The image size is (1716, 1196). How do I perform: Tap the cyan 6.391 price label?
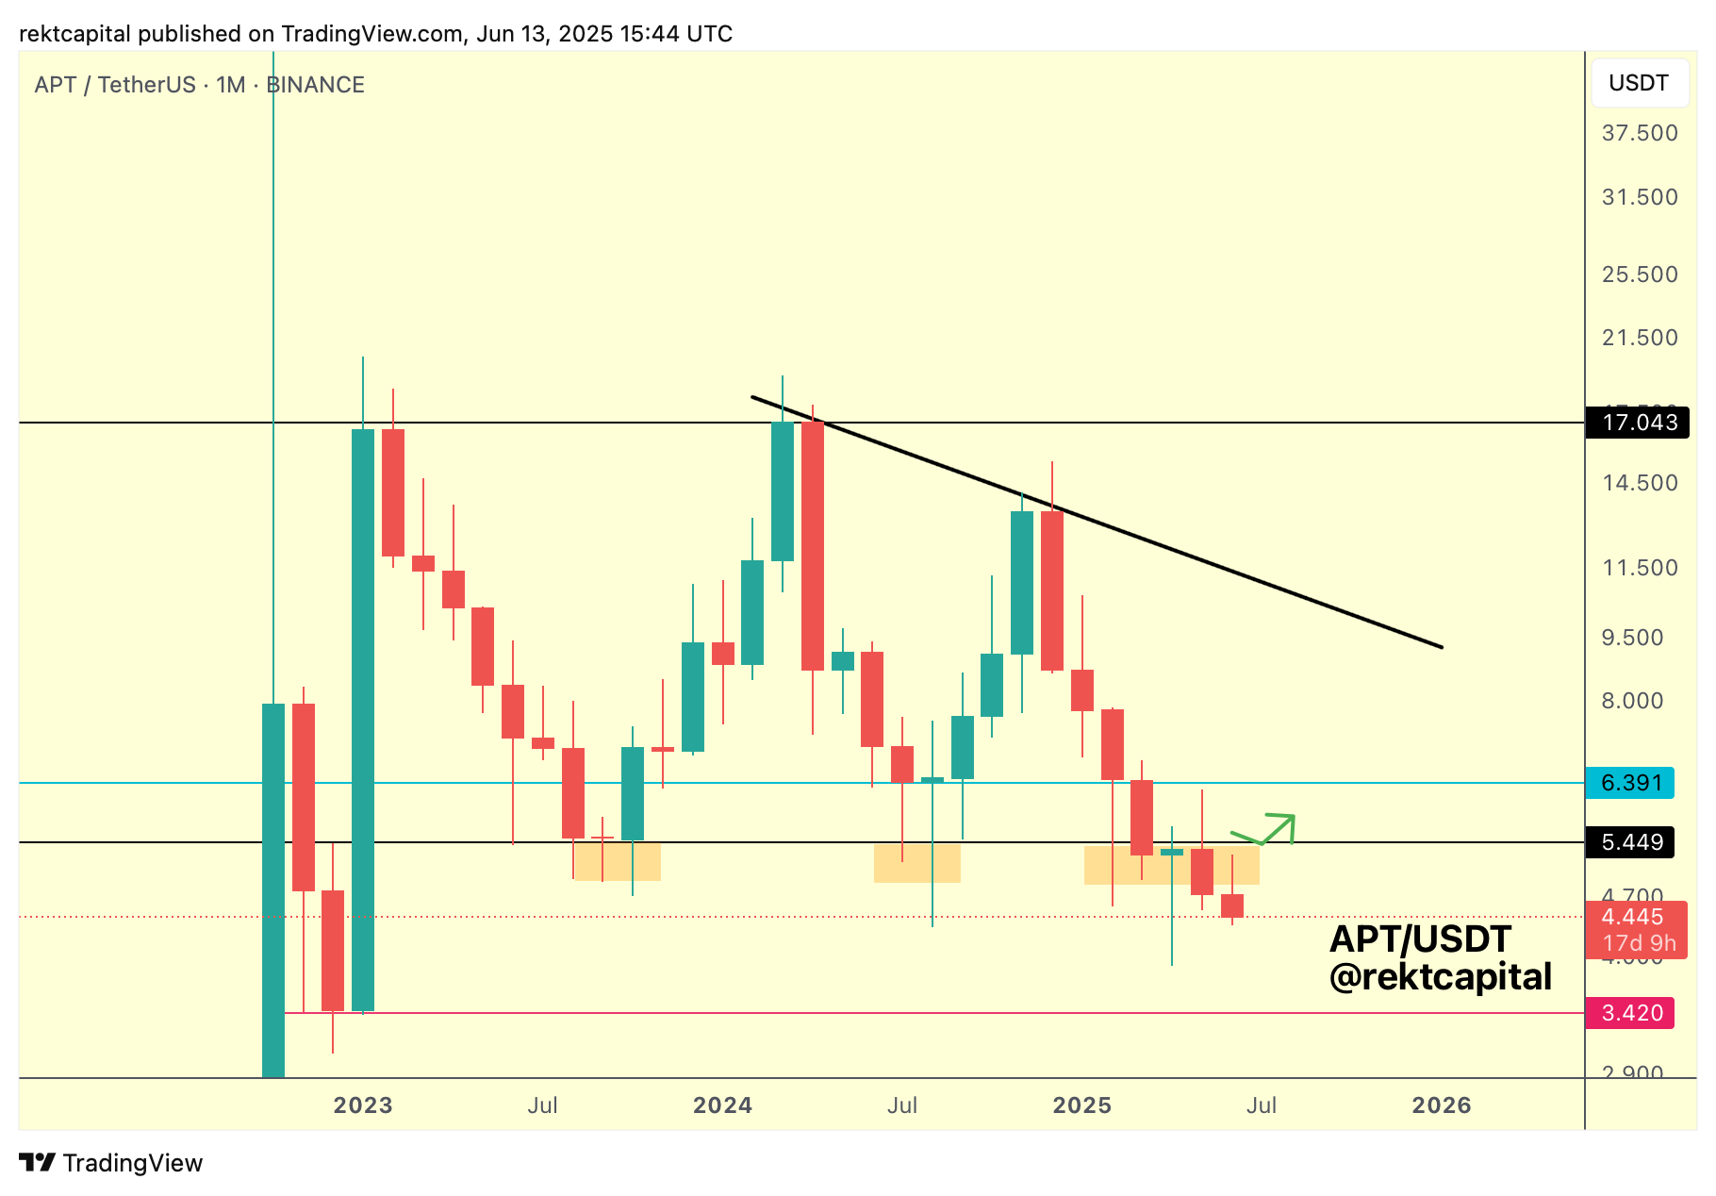pos(1630,783)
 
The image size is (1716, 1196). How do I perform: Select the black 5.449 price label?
pos(1630,842)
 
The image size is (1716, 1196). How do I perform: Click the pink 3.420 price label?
pos(1630,1013)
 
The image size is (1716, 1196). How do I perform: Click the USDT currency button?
pos(1639,83)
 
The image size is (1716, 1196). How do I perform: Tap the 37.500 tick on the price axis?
pos(1640,133)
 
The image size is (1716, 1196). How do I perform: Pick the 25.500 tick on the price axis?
pos(1640,274)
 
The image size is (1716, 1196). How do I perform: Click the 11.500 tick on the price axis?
pos(1640,568)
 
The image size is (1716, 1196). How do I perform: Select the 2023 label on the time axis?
pos(363,1105)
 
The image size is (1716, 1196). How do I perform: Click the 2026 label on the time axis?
pos(1441,1105)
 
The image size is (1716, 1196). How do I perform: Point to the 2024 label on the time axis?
pos(722,1105)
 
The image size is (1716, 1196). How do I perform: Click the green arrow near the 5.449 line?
pos(1268,829)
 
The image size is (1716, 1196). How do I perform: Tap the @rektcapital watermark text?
pos(1440,977)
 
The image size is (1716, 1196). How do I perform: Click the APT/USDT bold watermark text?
pos(1420,939)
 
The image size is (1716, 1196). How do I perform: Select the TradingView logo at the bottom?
pos(111,1163)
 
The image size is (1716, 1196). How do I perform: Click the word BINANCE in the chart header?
pos(315,85)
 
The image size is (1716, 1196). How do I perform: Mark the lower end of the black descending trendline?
pos(1441,647)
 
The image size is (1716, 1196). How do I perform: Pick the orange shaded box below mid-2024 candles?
pos(916,863)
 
